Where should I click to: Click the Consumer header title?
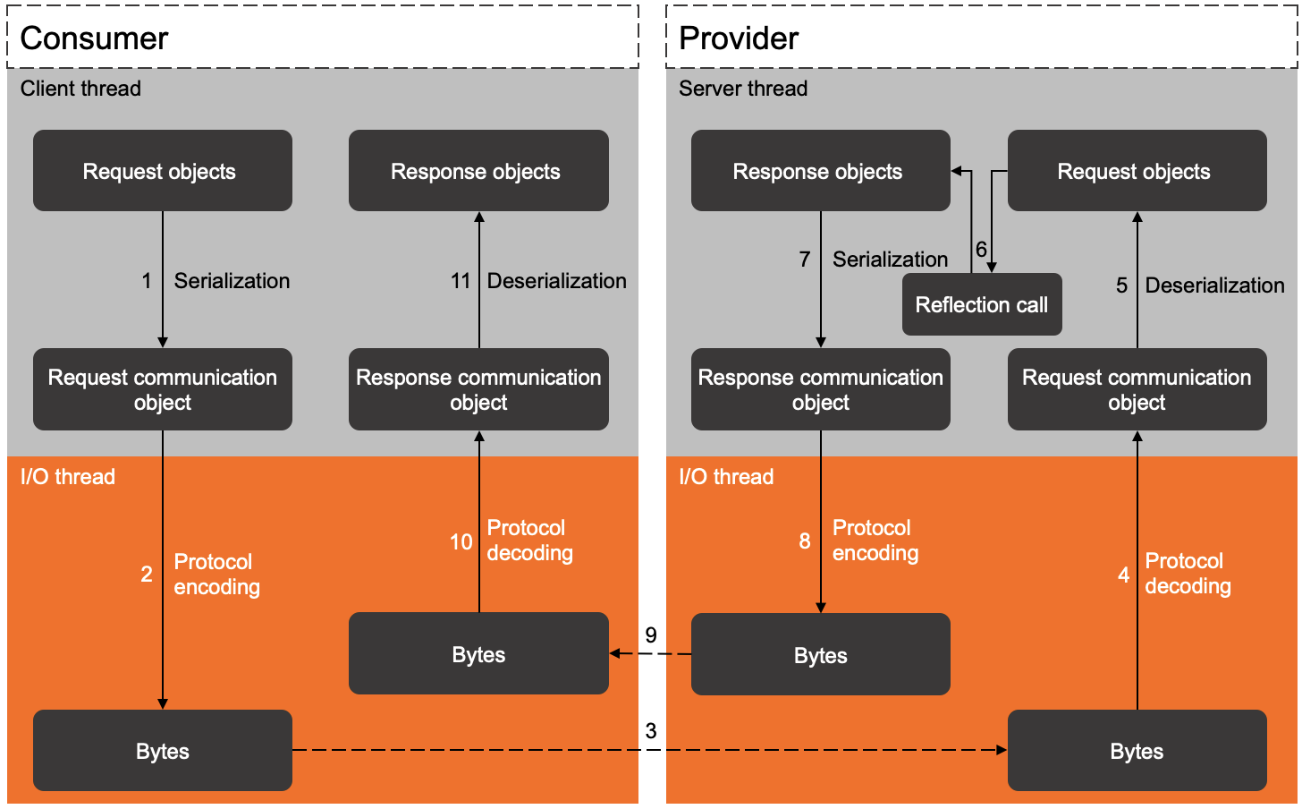pos(94,38)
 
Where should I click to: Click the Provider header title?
pos(739,38)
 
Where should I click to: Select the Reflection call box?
pos(981,305)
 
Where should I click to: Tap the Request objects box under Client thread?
pos(162,171)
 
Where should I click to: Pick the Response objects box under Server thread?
pos(819,171)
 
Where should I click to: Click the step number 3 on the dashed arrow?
pos(651,731)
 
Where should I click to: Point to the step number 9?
pos(651,635)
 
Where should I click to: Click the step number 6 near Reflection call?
pos(981,250)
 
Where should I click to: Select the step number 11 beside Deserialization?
pos(461,281)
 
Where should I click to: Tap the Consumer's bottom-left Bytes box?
pos(162,751)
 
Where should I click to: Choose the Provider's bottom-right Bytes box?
pos(1137,751)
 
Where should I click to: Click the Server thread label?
pos(743,89)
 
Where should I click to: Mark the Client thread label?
pos(80,89)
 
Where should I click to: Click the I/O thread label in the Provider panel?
pos(726,477)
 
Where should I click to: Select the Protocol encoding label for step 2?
pos(216,575)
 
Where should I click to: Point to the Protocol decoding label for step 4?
pos(1188,574)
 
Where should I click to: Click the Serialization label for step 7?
pos(890,260)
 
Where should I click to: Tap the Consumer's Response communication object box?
pos(478,389)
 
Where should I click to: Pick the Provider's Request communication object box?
pos(1137,389)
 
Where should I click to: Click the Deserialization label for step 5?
pos(1214,285)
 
